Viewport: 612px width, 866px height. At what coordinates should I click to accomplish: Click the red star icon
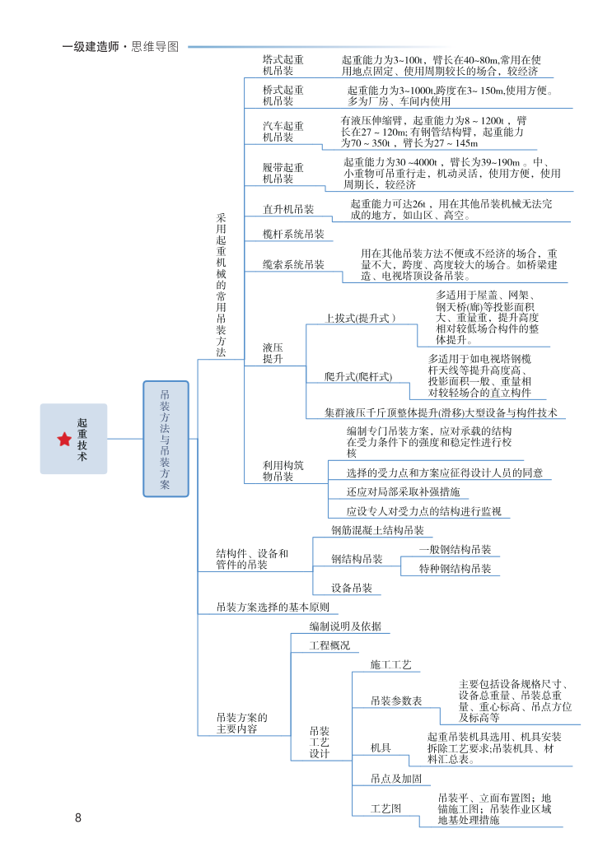[x=64, y=440]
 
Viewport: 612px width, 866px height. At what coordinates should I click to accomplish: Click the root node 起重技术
[x=82, y=440]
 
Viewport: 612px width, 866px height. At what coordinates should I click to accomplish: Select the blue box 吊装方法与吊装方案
[x=166, y=439]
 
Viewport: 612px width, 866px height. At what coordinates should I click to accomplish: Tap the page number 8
[x=78, y=817]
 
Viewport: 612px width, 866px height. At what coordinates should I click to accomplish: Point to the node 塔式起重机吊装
[x=283, y=66]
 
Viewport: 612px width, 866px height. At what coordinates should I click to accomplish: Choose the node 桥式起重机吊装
[x=283, y=95]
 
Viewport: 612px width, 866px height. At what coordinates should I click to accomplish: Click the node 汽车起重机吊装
[x=283, y=132]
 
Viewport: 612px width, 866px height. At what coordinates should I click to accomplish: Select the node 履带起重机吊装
[x=283, y=173]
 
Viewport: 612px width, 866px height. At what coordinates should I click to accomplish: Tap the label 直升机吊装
[x=288, y=209]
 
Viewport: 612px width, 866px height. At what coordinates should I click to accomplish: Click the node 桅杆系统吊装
[x=293, y=235]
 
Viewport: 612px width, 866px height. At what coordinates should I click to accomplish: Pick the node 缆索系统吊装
[x=293, y=265]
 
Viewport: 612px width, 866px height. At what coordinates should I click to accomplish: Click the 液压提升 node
[x=273, y=354]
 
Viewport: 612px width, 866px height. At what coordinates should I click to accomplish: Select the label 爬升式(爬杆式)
[x=358, y=376]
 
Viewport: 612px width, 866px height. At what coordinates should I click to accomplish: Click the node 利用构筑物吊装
[x=283, y=471]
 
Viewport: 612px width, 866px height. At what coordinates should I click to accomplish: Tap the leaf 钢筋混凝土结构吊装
[x=377, y=530]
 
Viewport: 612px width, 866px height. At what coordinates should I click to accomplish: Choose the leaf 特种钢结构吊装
[x=455, y=569]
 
